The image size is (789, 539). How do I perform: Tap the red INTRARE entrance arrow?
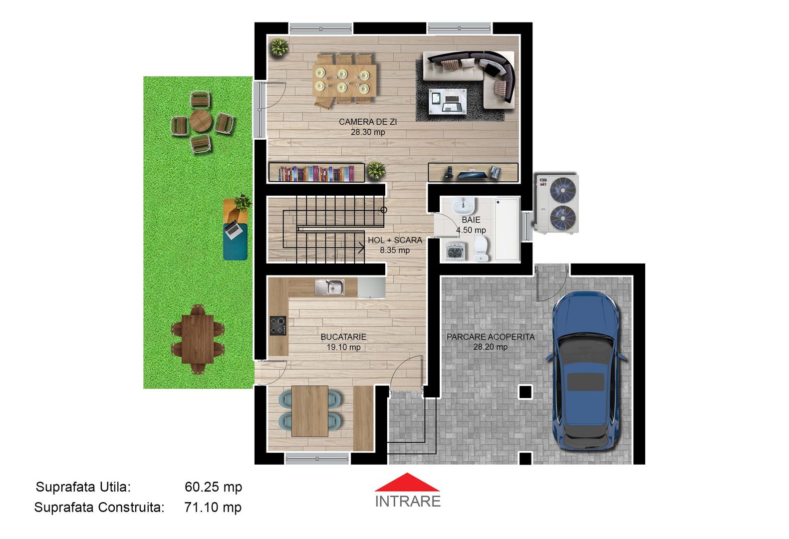tap(407, 483)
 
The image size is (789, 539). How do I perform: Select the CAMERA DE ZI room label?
tap(368, 122)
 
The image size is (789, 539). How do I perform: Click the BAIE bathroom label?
tap(471, 220)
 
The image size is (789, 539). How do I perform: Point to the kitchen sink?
tap(330, 287)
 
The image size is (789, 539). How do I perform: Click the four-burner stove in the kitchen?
tap(278, 325)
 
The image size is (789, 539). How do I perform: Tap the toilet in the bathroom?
tap(481, 248)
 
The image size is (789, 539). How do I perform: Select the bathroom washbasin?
tap(464, 205)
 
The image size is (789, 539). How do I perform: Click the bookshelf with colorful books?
tap(316, 173)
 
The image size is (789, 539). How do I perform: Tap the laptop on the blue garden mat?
tap(233, 229)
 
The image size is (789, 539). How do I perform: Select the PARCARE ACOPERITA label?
tap(490, 337)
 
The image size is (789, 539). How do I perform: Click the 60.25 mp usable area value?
tap(213, 487)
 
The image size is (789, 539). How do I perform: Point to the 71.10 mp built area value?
tap(213, 507)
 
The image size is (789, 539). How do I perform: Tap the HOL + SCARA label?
tap(395, 240)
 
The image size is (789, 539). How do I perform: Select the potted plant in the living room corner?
tap(279, 48)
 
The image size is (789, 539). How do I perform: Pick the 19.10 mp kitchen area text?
tap(343, 347)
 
